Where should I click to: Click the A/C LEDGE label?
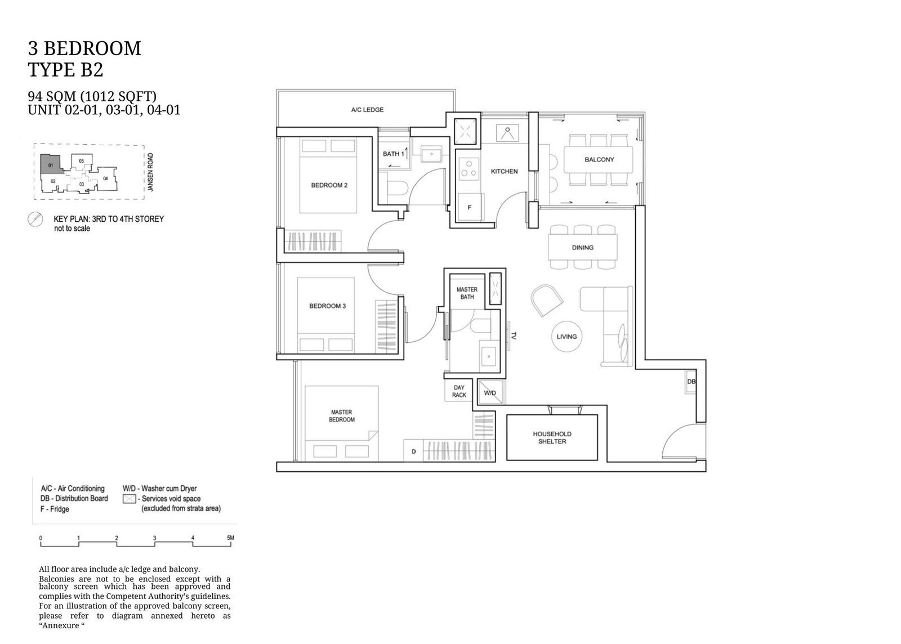367,110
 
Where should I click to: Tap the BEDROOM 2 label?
329,185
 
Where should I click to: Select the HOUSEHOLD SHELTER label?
552,437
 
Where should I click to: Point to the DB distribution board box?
690,382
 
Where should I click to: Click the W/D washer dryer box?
490,392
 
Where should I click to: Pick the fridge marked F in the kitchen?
470,207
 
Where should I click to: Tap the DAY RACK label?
459,391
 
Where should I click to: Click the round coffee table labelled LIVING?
567,337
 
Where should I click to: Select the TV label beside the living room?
513,336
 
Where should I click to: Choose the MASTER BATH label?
467,293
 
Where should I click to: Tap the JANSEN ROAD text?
150,172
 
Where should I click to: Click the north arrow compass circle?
35,220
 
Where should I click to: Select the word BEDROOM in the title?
92,48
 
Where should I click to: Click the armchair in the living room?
547,301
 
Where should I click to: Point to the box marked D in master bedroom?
413,451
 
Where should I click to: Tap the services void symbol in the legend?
129,499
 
